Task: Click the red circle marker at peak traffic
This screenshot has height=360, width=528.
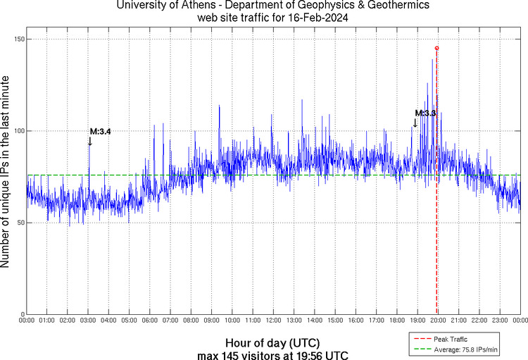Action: click(x=436, y=48)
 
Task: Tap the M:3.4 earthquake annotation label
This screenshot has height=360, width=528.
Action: click(x=100, y=131)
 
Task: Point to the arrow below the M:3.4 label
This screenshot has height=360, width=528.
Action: click(x=90, y=141)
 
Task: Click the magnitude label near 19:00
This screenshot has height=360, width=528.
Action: click(x=426, y=113)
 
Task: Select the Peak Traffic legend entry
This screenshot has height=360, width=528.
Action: click(x=451, y=339)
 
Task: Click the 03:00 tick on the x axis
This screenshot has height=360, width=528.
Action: click(x=88, y=321)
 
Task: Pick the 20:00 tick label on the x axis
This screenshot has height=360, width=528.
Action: click(x=438, y=321)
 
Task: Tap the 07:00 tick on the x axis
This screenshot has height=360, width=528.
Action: click(x=170, y=321)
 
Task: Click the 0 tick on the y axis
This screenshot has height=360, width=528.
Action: click(x=21, y=314)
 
